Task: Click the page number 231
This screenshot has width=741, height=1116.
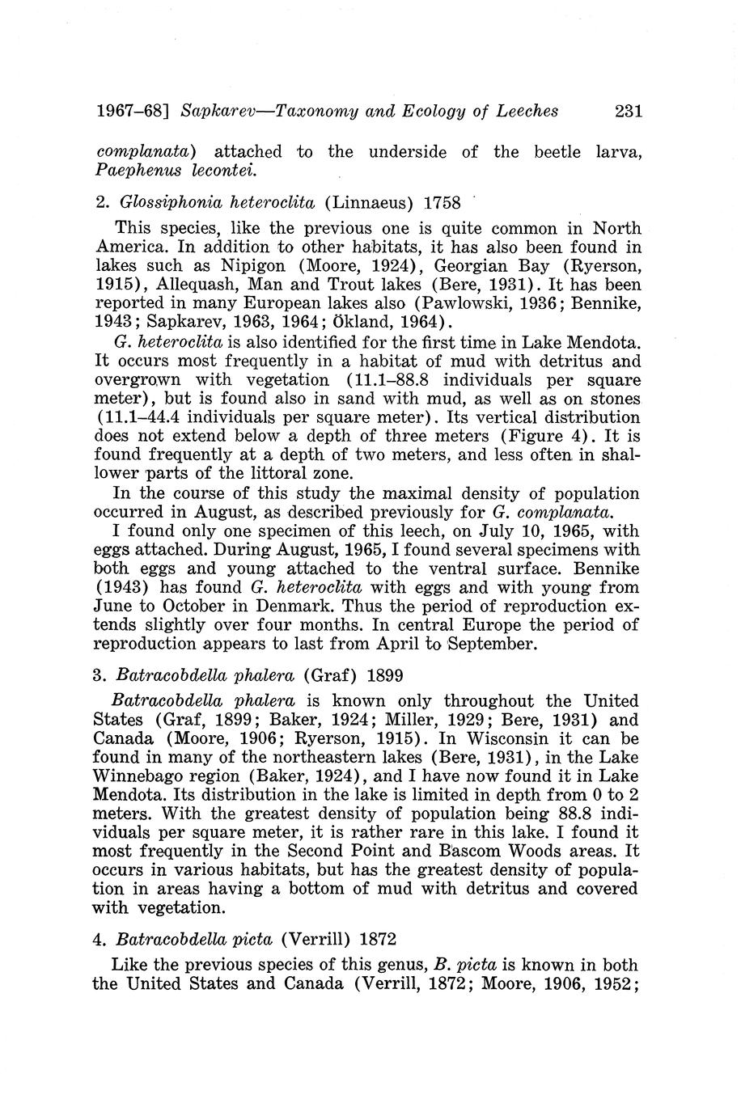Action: [x=628, y=112]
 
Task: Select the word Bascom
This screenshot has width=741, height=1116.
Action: [x=462, y=852]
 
